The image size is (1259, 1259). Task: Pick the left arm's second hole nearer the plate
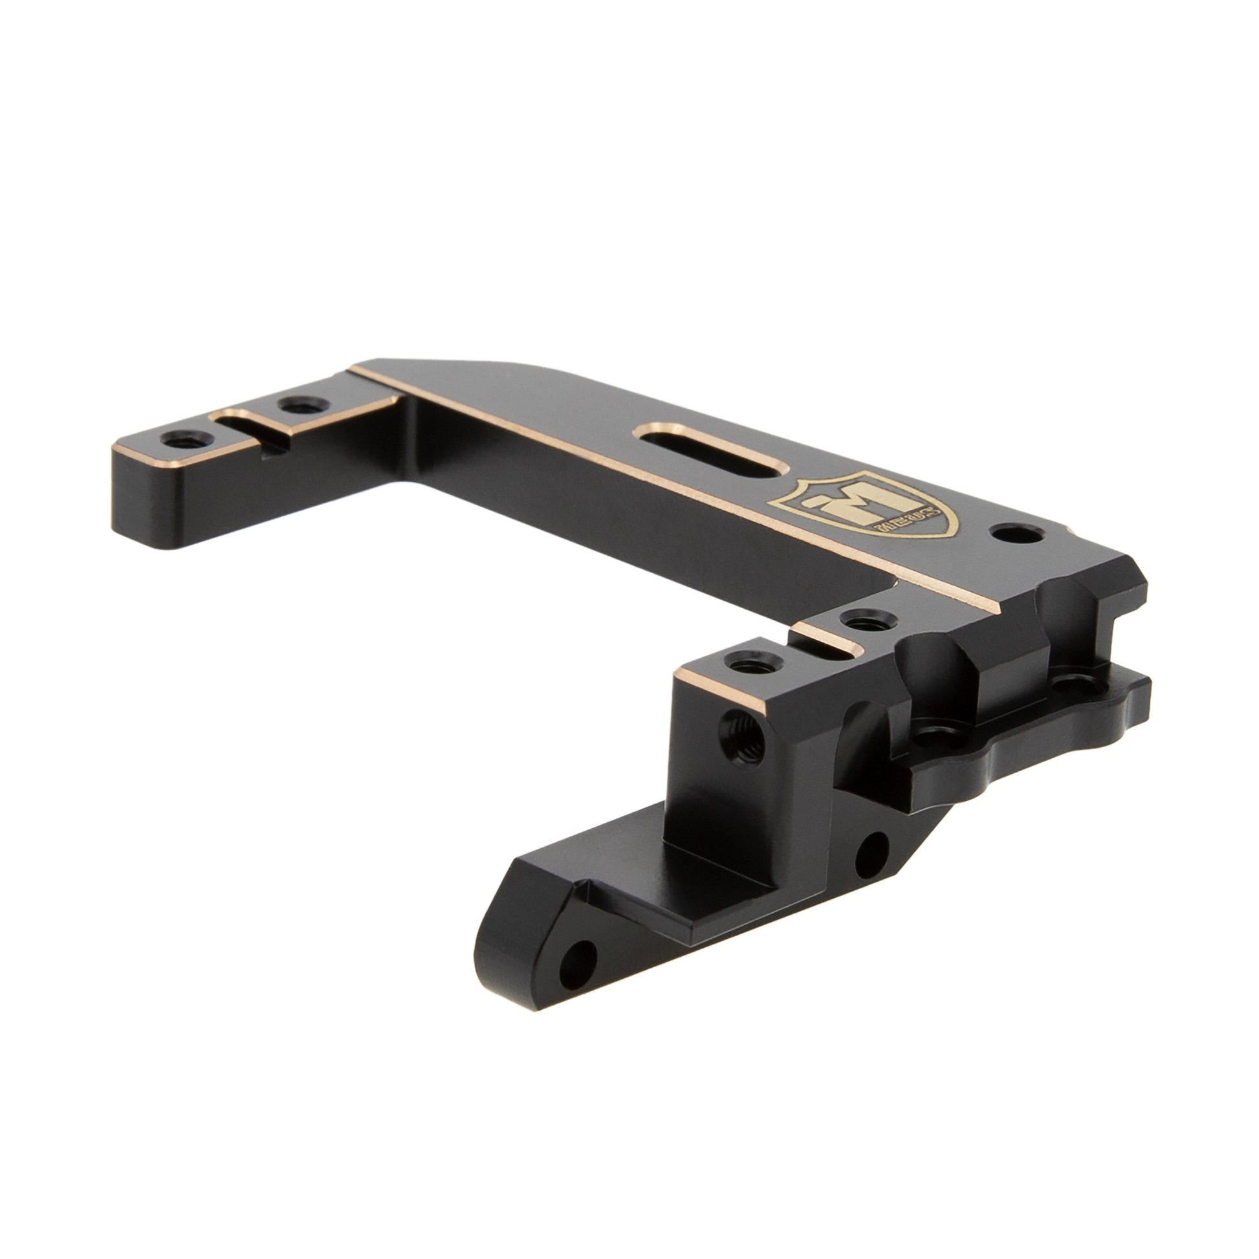point(296,406)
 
